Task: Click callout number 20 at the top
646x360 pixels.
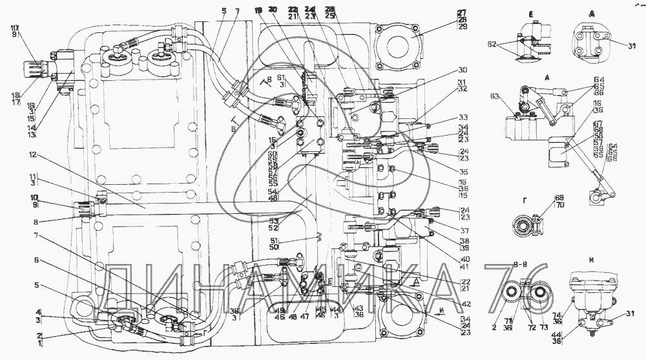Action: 274,10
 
